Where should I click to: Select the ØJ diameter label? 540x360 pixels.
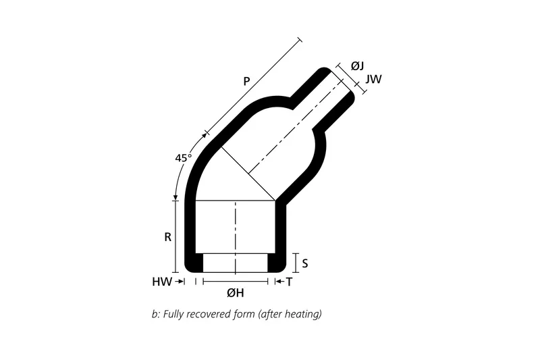tap(358, 66)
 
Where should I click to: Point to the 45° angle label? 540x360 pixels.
tap(183, 157)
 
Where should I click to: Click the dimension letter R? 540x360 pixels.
tap(167, 238)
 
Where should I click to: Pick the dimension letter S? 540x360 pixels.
tap(305, 262)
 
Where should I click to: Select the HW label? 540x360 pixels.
tap(161, 282)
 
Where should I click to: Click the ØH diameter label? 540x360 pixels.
tap(235, 292)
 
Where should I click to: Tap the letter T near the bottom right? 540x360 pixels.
tap(289, 282)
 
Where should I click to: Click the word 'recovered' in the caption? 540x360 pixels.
tap(211, 314)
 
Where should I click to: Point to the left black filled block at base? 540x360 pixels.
tap(194, 262)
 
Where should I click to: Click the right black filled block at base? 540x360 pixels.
tap(277, 262)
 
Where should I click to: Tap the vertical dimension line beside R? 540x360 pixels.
tap(175, 236)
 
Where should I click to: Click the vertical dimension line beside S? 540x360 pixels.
tap(296, 262)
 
